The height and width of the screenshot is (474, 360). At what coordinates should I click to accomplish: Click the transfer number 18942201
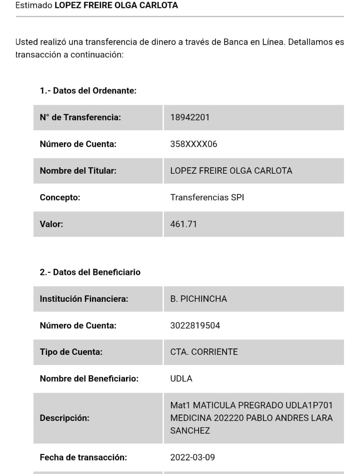pyautogui.click(x=190, y=118)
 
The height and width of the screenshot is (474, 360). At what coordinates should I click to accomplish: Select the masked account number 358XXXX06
pyautogui.click(x=193, y=144)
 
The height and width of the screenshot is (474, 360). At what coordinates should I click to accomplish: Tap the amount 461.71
pyautogui.click(x=183, y=224)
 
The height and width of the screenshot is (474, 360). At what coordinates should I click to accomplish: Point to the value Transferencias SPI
pyautogui.click(x=207, y=197)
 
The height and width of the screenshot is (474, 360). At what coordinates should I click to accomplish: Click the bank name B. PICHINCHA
pyautogui.click(x=198, y=299)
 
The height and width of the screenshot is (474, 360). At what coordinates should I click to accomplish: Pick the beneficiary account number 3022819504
pyautogui.click(x=195, y=325)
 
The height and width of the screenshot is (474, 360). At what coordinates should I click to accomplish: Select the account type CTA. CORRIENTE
pyautogui.click(x=204, y=352)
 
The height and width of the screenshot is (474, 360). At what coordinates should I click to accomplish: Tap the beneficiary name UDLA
pyautogui.click(x=181, y=378)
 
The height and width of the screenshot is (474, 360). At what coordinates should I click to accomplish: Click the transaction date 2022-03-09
pyautogui.click(x=192, y=457)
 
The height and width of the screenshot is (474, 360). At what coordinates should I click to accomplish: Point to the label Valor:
pyautogui.click(x=51, y=224)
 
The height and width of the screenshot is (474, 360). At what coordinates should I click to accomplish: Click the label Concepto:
pyautogui.click(x=60, y=197)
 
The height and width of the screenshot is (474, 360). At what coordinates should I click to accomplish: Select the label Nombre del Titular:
pyautogui.click(x=78, y=171)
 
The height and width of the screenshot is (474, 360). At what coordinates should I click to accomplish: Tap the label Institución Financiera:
pyautogui.click(x=84, y=299)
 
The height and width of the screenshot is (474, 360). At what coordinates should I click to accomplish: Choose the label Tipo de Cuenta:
pyautogui.click(x=71, y=352)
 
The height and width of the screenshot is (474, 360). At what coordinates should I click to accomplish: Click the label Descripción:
pyautogui.click(x=64, y=418)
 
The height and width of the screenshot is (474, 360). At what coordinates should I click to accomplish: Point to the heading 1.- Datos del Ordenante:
pyautogui.click(x=88, y=91)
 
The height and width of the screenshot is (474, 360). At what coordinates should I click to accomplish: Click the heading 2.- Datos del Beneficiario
pyautogui.click(x=90, y=272)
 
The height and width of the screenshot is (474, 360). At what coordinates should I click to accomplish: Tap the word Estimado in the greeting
pyautogui.click(x=33, y=6)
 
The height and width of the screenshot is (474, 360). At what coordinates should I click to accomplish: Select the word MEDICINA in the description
pyautogui.click(x=190, y=418)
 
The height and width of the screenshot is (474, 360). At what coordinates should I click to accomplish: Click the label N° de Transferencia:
pyautogui.click(x=80, y=118)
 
